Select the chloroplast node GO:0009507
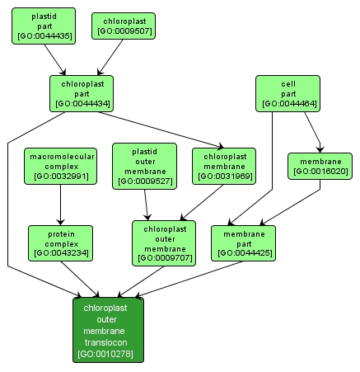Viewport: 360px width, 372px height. [123, 26]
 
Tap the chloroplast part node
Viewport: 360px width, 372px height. [82, 93]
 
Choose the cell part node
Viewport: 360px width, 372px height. [288, 93]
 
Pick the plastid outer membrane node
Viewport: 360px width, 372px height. [144, 165]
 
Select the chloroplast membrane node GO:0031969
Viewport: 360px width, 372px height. [223, 165]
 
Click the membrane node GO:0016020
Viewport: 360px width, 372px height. [320, 165]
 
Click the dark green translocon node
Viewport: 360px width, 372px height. [108, 330]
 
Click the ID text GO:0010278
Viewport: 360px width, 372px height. [108, 354]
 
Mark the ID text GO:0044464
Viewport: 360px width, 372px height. [288, 105]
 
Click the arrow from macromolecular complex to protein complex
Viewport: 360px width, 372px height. [60, 205]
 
